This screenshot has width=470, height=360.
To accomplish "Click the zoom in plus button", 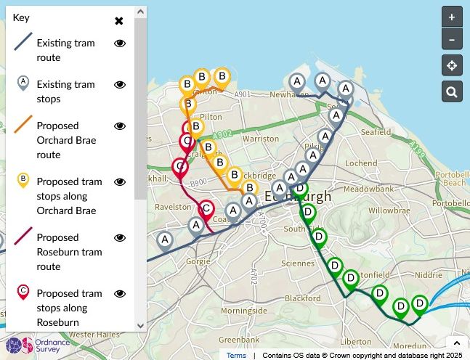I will [452, 17].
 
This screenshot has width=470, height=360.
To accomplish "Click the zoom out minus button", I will [452, 39].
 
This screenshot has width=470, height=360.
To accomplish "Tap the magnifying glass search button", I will [452, 91].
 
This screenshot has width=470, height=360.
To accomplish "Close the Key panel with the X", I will [119, 20].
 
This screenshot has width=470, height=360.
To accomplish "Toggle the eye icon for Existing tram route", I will [121, 44].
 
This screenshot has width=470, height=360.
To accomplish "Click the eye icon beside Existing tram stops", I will [121, 85].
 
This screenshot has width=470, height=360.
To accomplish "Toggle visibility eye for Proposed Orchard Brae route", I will [121, 126].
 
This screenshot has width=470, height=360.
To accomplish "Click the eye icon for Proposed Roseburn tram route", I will [121, 238].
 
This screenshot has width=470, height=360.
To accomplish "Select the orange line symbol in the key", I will [23, 123].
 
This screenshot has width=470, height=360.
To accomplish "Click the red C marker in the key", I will [23, 292].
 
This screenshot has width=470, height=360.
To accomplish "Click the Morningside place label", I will [243, 311].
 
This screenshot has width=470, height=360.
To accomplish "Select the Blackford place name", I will [303, 298].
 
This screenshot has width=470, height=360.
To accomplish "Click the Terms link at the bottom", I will [236, 355].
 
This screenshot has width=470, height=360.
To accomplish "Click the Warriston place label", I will [261, 138].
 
